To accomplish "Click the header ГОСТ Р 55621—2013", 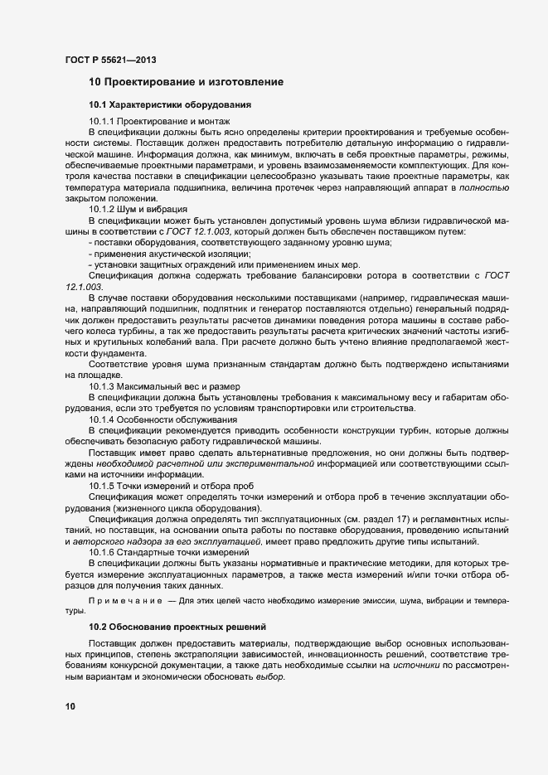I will pyautogui.click(x=109, y=60).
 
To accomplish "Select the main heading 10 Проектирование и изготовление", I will pyautogui.click(x=187, y=82).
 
